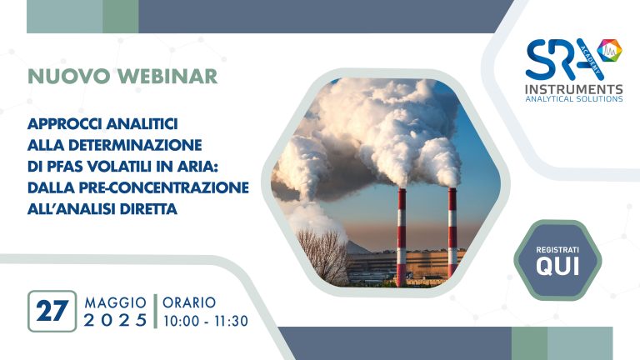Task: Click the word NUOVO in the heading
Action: click(x=69, y=77)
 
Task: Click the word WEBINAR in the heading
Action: click(x=167, y=77)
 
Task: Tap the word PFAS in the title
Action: click(x=66, y=166)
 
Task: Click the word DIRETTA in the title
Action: click(x=148, y=209)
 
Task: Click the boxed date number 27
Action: click(x=52, y=311)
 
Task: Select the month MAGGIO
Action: click(x=116, y=302)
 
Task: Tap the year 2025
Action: click(x=116, y=320)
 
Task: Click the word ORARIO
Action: click(x=189, y=302)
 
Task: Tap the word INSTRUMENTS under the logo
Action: click(x=574, y=89)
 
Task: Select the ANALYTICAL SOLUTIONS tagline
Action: click(x=574, y=99)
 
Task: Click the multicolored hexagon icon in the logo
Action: click(x=609, y=50)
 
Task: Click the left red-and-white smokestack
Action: click(x=402, y=237)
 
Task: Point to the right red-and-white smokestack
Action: click(x=452, y=232)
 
